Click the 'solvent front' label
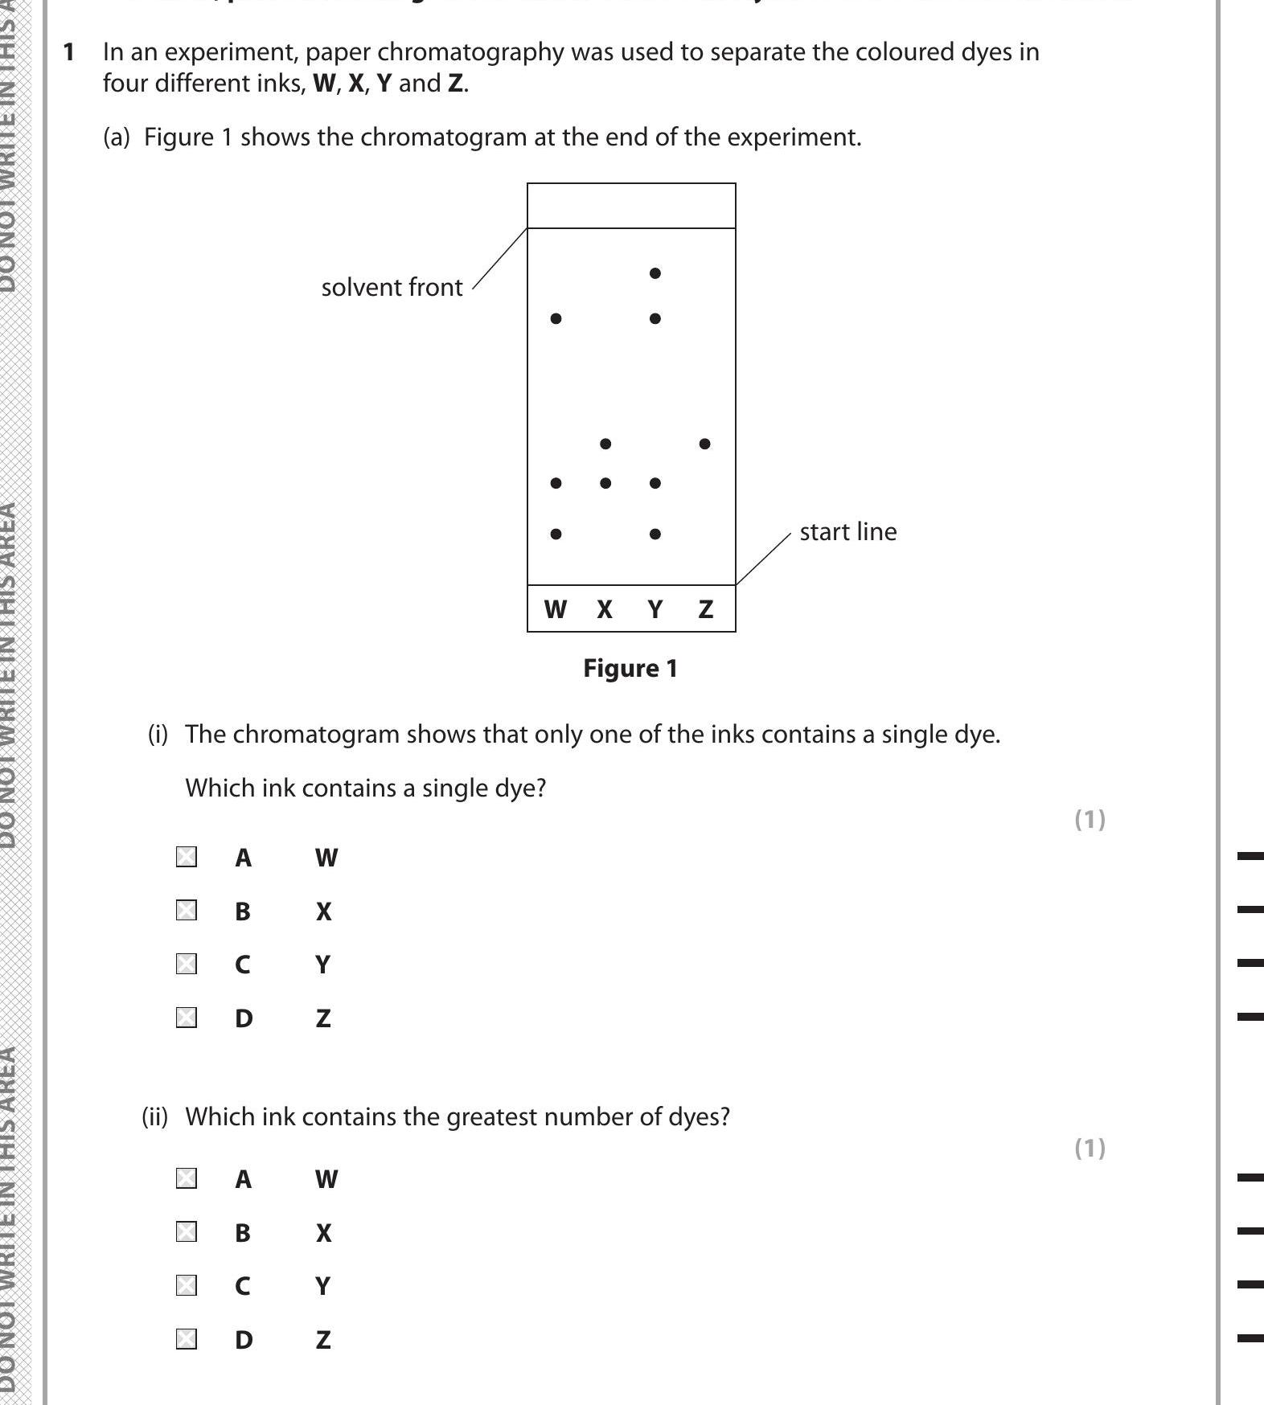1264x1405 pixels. (x=392, y=288)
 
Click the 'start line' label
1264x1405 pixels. (x=847, y=532)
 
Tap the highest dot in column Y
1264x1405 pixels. (x=655, y=273)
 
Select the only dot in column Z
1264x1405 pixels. (x=705, y=444)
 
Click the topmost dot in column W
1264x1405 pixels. (x=556, y=319)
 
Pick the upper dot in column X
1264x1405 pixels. (x=605, y=444)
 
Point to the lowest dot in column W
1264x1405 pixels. (x=556, y=534)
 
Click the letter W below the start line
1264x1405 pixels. (x=555, y=610)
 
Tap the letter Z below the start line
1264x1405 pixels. (x=705, y=610)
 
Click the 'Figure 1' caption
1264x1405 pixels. (x=630, y=669)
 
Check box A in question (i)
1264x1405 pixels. (x=187, y=857)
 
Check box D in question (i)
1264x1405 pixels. (x=187, y=1018)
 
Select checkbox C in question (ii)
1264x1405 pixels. (x=187, y=1285)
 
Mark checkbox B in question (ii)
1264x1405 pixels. (x=187, y=1231)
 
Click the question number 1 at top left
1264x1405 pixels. (x=69, y=52)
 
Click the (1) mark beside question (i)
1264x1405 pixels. (x=1090, y=819)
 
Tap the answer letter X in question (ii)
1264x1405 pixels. (x=323, y=1233)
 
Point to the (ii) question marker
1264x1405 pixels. (x=155, y=1117)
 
